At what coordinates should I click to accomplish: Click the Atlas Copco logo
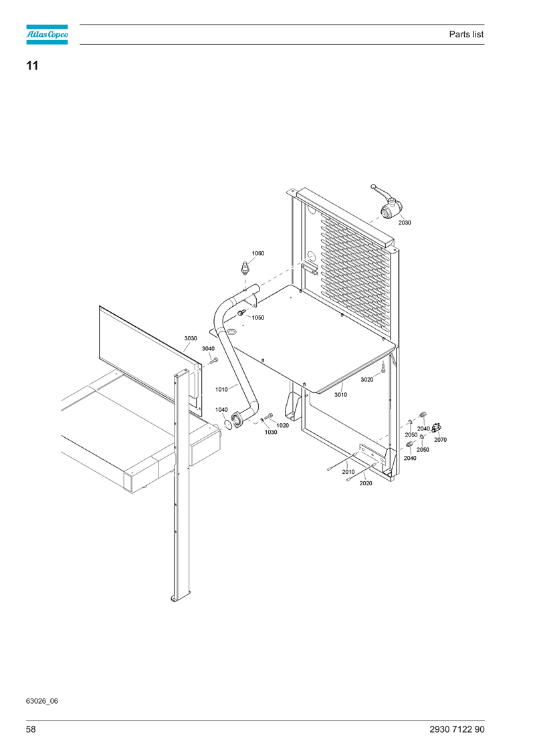click(x=47, y=34)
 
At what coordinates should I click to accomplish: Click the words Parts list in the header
click(x=466, y=34)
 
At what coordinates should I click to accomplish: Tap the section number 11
click(x=32, y=66)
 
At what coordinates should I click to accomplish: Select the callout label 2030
click(x=405, y=223)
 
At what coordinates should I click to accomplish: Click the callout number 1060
click(x=258, y=253)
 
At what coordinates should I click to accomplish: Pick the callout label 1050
click(x=258, y=318)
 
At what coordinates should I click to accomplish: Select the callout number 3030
click(x=191, y=338)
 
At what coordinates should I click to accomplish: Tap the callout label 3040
click(x=208, y=349)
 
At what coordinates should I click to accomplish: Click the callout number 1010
click(x=221, y=390)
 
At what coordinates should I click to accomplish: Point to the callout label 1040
click(x=221, y=410)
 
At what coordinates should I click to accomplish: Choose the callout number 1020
click(x=283, y=425)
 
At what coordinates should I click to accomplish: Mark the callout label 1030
click(x=271, y=432)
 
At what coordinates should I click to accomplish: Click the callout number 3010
click(x=340, y=395)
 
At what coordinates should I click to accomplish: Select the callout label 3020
click(x=367, y=380)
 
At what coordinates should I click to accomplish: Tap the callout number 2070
click(x=441, y=440)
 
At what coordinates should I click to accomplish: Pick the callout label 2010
click(x=348, y=472)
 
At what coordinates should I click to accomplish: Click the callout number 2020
click(x=366, y=483)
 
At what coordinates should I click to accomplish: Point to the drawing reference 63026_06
click(x=42, y=701)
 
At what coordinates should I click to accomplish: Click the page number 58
click(x=31, y=729)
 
